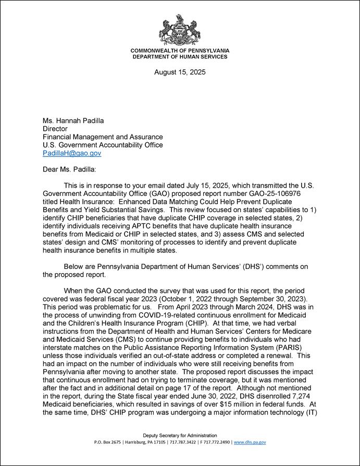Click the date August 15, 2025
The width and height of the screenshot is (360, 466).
pos(180,72)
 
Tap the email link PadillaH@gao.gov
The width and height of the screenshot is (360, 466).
pos(72,153)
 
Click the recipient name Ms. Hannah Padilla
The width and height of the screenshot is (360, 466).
pos(73,120)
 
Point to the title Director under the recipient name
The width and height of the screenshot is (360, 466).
pos(55,129)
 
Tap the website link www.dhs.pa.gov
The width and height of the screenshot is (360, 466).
pos(250,442)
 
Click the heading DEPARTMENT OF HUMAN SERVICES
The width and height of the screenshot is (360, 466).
pos(180,56)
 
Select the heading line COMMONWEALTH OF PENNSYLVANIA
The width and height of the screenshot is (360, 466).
pos(180,51)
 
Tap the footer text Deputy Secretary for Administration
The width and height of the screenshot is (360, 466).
pos(180,435)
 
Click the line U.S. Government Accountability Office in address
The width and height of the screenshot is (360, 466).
pos(103,145)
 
